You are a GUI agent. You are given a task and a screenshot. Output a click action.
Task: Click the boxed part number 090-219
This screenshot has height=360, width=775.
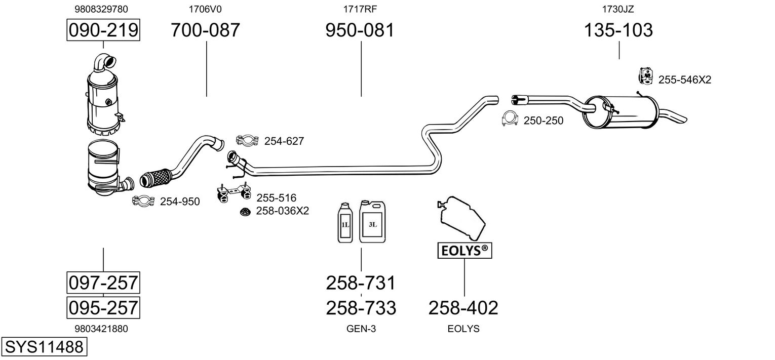tap(103, 30)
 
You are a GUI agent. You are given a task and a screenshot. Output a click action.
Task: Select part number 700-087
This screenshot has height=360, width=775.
tap(205, 30)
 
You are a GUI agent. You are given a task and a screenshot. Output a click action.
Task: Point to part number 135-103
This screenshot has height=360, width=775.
tap(618, 30)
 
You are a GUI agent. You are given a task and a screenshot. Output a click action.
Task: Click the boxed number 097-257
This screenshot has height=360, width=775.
tap(103, 282)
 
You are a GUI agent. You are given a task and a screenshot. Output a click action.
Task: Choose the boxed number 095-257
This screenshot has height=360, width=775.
tap(103, 307)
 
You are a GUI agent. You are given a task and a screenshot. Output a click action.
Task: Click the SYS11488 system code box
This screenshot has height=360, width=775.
tap(44, 347)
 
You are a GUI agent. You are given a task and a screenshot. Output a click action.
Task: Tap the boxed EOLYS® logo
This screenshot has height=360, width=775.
tap(464, 250)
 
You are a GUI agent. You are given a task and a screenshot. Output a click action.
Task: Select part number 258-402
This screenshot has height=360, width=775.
tap(463, 307)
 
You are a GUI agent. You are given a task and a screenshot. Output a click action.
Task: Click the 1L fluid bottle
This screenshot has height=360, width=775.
tap(345, 222)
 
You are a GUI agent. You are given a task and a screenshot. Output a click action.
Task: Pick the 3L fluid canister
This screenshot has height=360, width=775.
tap(372, 221)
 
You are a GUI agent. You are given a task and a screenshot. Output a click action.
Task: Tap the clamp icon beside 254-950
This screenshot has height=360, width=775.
tap(144, 202)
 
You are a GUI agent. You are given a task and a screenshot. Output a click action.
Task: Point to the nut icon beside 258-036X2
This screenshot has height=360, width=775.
tap(246, 212)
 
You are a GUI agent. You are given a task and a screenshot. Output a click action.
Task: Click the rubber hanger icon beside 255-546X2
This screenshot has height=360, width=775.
tap(645, 76)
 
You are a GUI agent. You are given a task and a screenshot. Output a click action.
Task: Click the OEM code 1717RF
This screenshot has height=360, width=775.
tap(360, 9)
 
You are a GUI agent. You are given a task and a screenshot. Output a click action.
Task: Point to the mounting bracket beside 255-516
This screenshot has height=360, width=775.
tap(233, 193)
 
